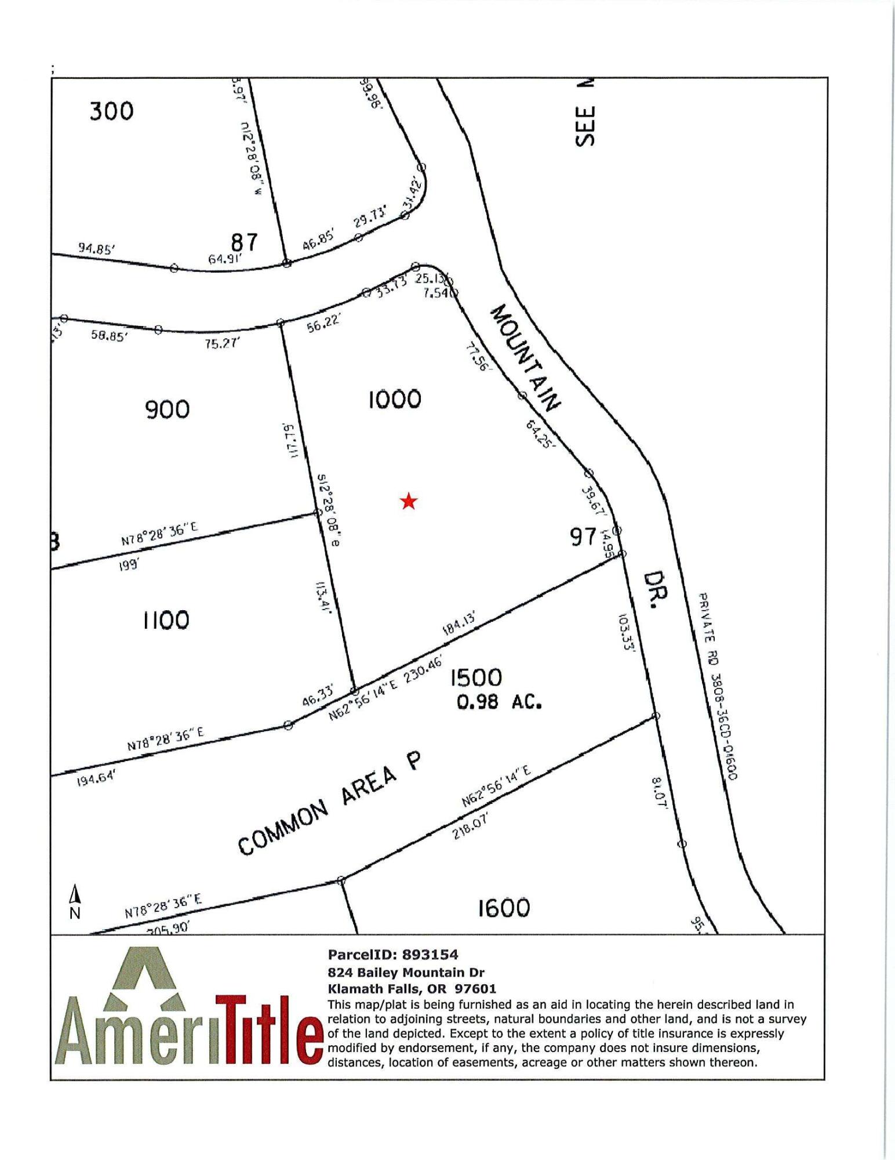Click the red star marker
point(409,501)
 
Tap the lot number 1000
point(395,399)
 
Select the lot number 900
point(167,409)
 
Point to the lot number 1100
point(166,620)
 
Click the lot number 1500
point(476,677)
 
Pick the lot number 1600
point(503,908)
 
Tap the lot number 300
point(111,111)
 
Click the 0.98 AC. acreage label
point(499,702)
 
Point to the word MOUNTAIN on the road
point(526,357)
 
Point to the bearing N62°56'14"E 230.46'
point(385,687)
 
